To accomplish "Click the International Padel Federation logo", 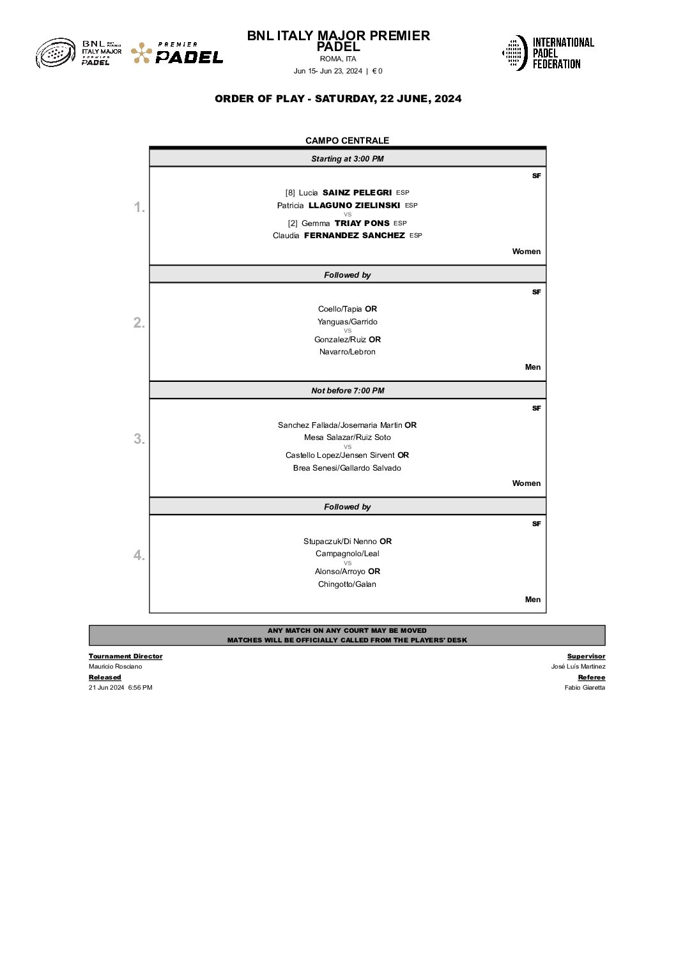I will click(x=548, y=53).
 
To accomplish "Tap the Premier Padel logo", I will click(x=177, y=54).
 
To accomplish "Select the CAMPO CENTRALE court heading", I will click(x=347, y=140).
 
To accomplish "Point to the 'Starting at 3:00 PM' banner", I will click(x=347, y=159).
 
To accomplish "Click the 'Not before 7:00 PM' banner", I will click(x=347, y=391).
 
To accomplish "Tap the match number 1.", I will click(x=139, y=208).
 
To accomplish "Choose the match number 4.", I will click(x=139, y=556).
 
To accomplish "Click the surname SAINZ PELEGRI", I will click(x=357, y=193).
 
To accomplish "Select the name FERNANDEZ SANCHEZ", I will click(x=354, y=236).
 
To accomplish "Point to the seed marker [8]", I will click(x=290, y=193).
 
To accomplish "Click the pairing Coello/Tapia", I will click(x=340, y=309).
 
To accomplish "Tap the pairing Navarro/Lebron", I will click(x=347, y=352).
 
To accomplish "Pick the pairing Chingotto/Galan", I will click(x=347, y=584).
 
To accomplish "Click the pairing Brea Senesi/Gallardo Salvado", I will click(x=347, y=468).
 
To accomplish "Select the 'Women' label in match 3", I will click(x=526, y=483).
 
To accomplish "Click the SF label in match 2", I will click(x=536, y=292).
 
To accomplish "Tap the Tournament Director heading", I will click(x=125, y=656).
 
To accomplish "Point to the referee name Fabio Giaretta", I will click(x=585, y=688).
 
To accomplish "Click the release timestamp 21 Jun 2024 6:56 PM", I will click(x=120, y=688).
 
